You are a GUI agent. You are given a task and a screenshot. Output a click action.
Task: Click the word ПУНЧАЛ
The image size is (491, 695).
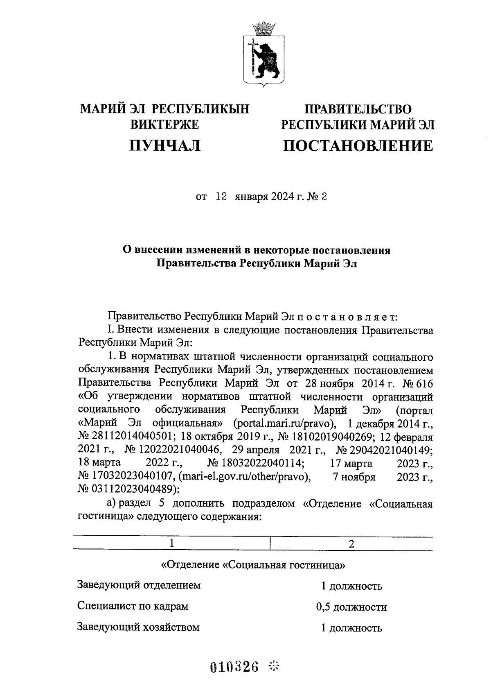click(x=164, y=145)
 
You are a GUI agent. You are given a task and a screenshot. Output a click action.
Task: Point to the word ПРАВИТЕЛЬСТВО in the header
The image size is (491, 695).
click(x=358, y=109)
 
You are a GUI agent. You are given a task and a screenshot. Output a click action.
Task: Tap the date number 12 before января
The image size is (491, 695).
click(x=221, y=197)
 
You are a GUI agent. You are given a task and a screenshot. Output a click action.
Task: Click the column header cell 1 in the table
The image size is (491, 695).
click(x=172, y=543)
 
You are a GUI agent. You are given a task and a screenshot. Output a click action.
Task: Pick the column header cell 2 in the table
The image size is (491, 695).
click(x=351, y=543)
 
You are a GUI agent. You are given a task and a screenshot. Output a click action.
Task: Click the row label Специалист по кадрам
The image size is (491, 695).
click(x=133, y=606)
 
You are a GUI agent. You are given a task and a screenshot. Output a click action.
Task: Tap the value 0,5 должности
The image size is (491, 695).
click(x=351, y=607)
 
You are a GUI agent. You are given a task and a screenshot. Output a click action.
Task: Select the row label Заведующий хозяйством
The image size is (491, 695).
click(x=138, y=627)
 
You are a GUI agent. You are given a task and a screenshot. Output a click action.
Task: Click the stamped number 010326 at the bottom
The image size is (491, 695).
click(x=234, y=667)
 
